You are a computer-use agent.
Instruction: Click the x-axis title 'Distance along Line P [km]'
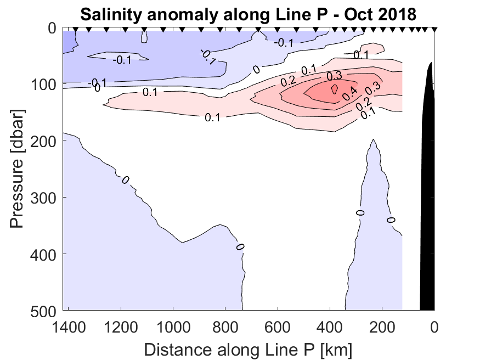click(248, 348)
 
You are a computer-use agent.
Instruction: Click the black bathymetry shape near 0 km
click(427, 192)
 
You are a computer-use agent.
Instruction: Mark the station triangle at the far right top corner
click(434, 29)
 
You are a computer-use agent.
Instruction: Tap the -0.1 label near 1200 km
click(121, 60)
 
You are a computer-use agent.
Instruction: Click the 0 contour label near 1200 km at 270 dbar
click(126, 179)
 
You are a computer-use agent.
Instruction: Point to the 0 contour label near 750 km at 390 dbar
click(239, 246)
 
